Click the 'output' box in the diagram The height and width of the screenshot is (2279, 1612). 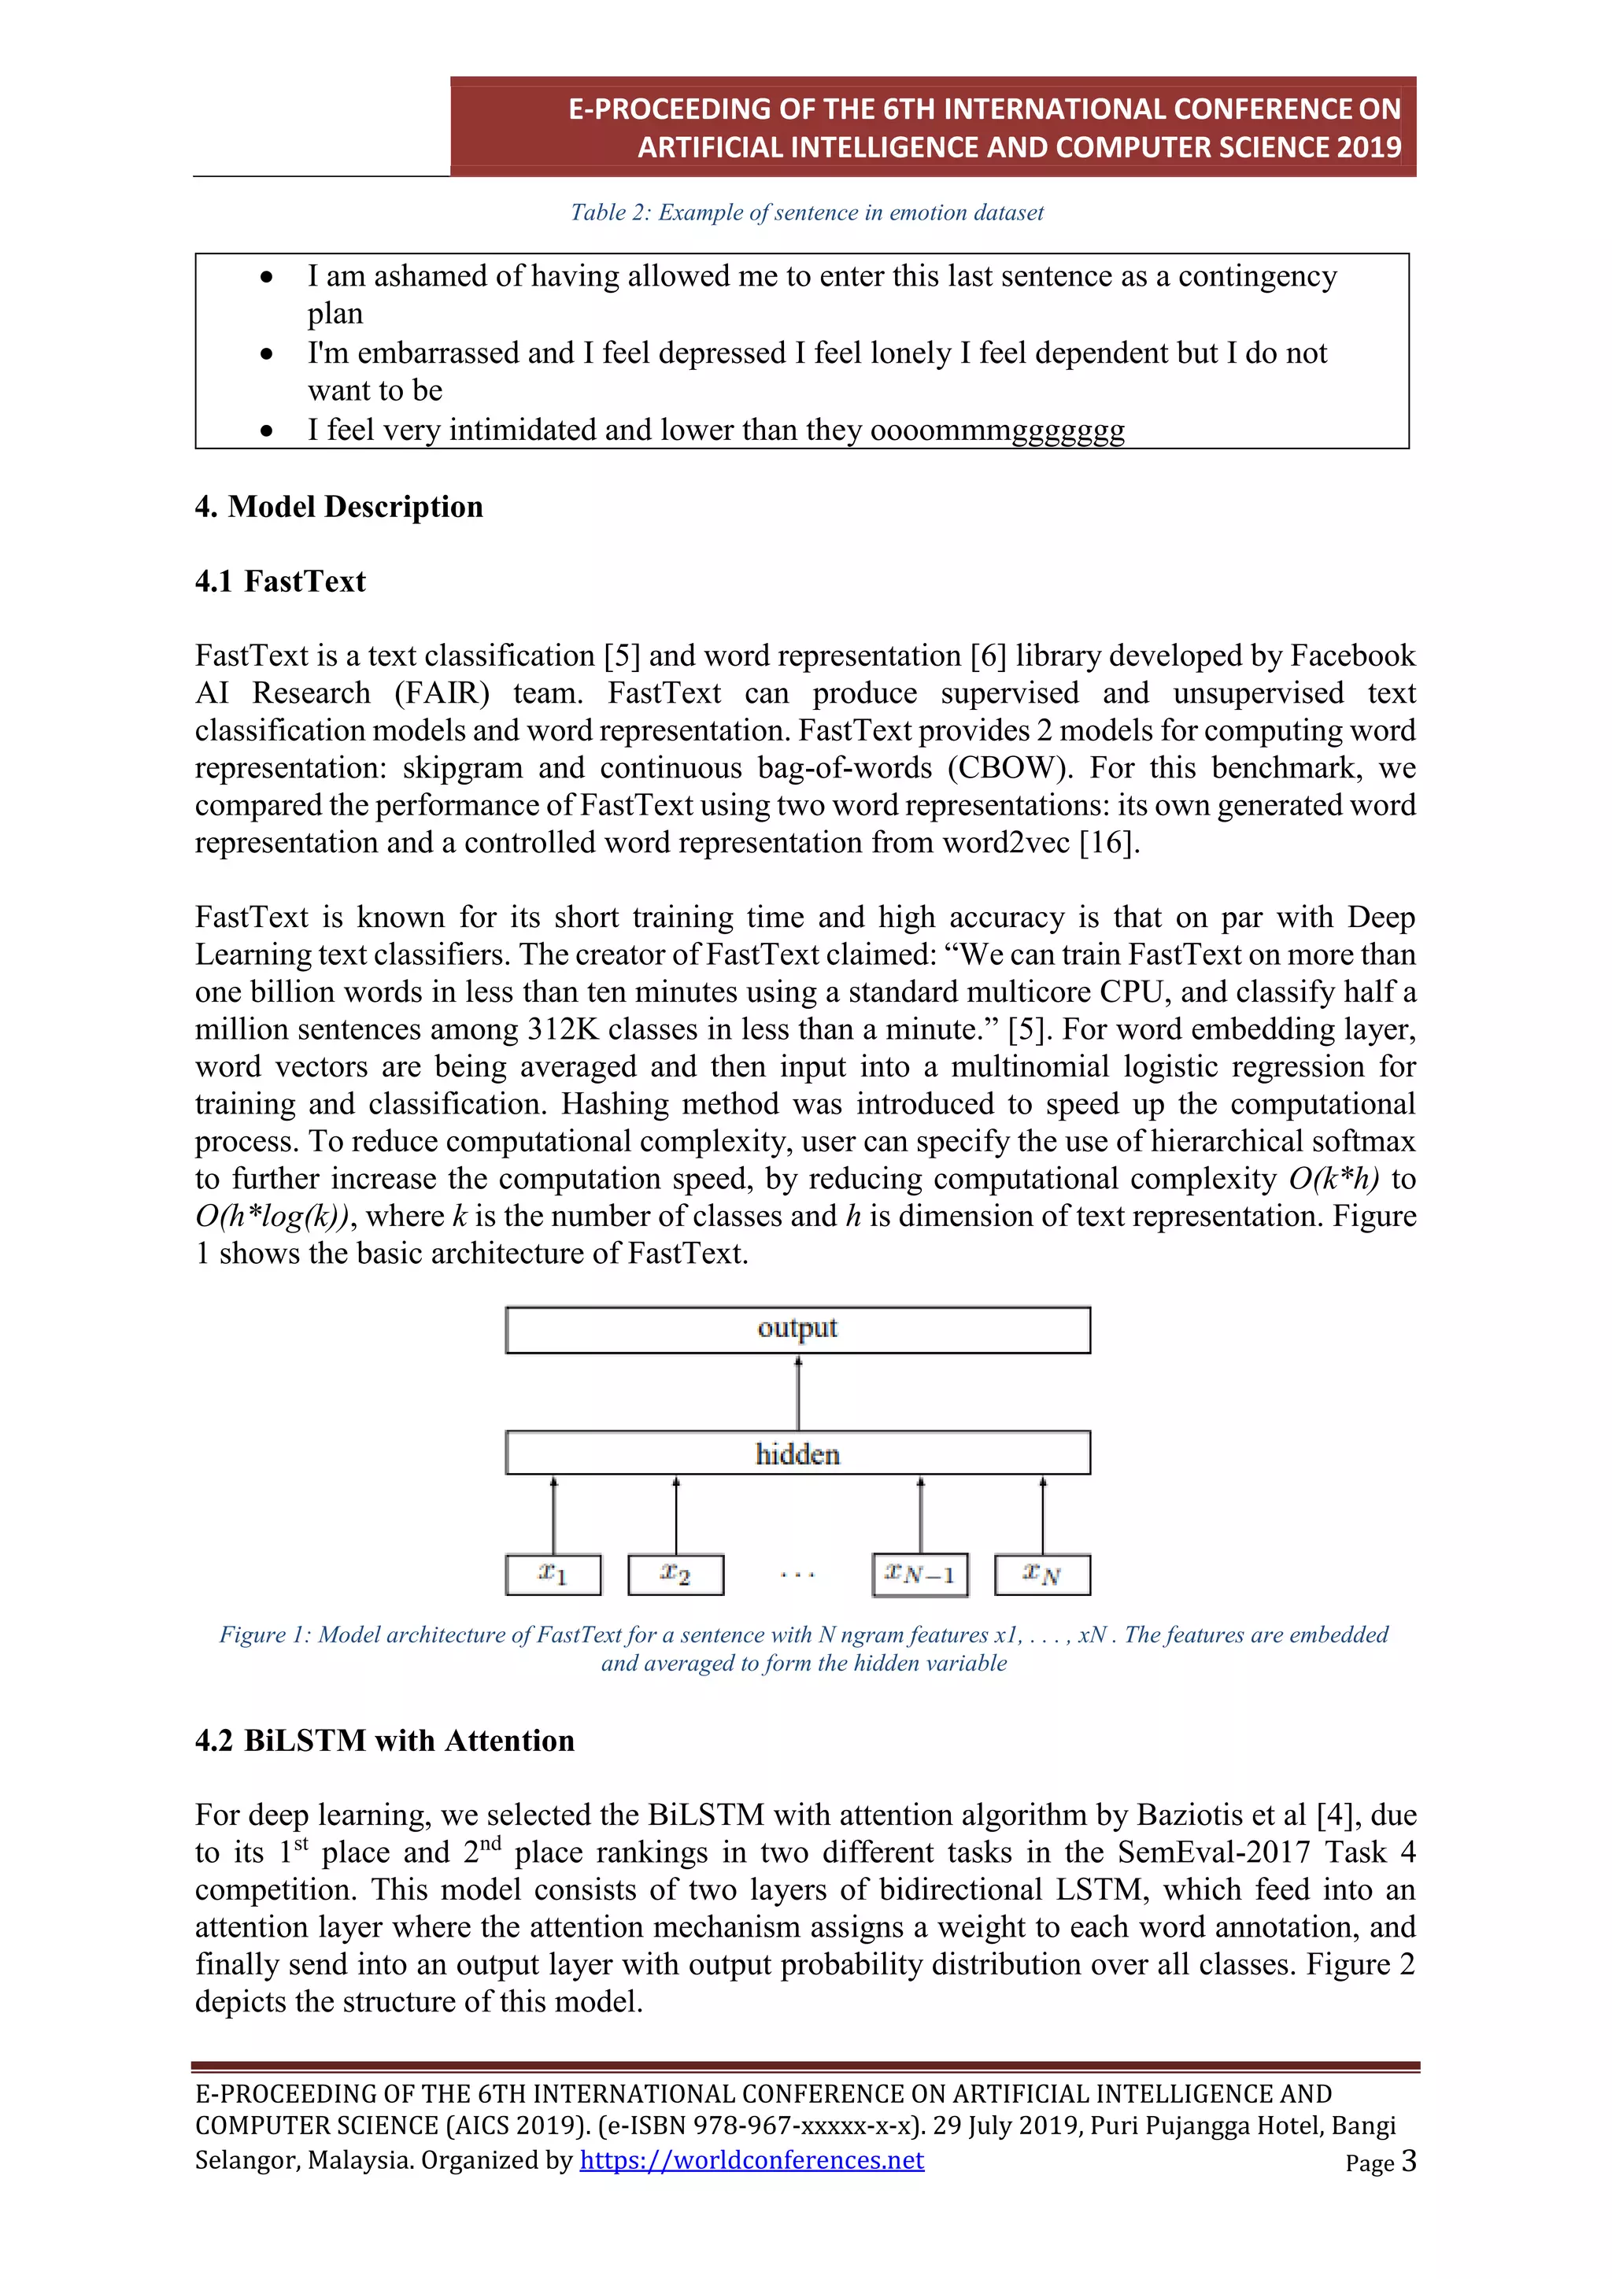point(797,1329)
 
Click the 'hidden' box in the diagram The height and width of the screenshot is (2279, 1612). point(797,1453)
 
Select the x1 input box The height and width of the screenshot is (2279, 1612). point(553,1574)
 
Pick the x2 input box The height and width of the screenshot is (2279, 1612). point(676,1574)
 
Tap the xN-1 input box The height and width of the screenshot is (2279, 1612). point(920,1574)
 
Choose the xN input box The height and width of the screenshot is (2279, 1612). point(1042,1574)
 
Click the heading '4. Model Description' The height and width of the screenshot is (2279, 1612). point(338,508)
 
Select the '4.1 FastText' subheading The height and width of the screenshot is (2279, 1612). point(280,582)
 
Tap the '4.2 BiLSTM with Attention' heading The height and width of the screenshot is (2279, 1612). point(384,1740)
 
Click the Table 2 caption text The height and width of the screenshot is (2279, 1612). point(806,212)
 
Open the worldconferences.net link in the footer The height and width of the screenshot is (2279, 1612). point(752,2160)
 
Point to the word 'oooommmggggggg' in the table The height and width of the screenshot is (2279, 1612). point(996,430)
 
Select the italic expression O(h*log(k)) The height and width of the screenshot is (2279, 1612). point(271,1217)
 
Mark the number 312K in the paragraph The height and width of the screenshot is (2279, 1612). point(564,1029)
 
